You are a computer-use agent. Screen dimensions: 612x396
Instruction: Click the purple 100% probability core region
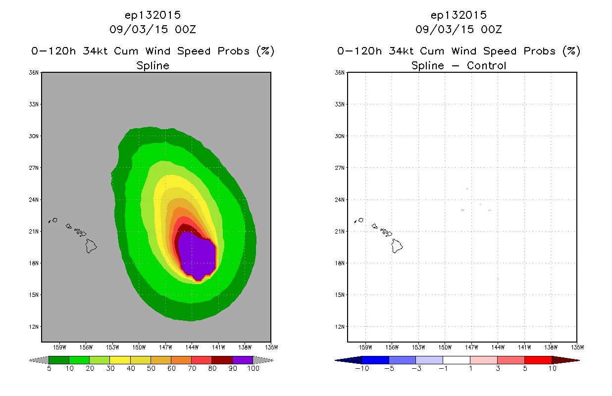[x=197, y=255]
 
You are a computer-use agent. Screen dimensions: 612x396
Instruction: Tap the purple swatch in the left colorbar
[x=243, y=360]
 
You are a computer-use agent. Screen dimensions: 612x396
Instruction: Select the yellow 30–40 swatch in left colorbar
[x=120, y=360]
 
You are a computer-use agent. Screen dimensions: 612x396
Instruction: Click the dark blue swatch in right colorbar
[x=375, y=360]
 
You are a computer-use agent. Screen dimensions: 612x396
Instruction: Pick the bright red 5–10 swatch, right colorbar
[x=538, y=360]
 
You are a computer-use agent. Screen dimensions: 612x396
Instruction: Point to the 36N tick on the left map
[x=34, y=73]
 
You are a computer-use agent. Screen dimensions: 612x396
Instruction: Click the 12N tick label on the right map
[x=340, y=327]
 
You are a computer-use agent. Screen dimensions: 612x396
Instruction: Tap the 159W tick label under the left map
[x=59, y=347]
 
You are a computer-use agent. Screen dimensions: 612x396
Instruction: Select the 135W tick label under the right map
[x=577, y=347]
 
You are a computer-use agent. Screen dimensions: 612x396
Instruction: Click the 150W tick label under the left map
[x=139, y=347]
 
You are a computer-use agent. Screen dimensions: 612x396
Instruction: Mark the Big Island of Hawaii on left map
[x=91, y=246]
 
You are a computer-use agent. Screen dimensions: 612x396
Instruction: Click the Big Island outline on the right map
[x=397, y=246]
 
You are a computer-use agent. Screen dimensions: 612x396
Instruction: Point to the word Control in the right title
[x=486, y=65]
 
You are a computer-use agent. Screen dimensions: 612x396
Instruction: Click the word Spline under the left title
[x=153, y=66]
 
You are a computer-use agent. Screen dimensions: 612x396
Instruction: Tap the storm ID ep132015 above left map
[x=153, y=15]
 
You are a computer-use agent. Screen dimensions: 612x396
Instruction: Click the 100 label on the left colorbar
[x=253, y=368]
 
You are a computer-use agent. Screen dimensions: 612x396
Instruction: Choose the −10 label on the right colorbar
[x=362, y=368]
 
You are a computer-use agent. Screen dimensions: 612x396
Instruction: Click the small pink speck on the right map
[x=498, y=279]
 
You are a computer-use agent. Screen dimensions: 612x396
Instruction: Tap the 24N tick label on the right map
[x=340, y=199]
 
